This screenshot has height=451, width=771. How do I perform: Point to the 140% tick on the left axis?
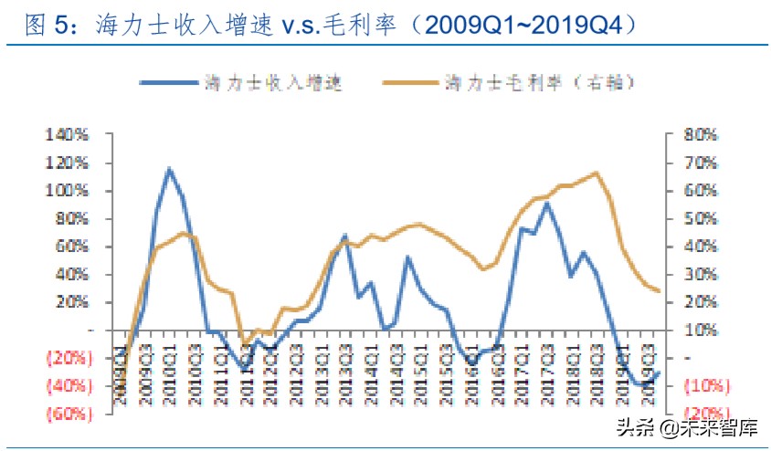tap(68, 135)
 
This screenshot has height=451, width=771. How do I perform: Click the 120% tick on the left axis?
tap(68, 163)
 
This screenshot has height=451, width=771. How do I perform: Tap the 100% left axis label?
tap(68, 191)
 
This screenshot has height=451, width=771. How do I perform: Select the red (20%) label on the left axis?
tap(66, 357)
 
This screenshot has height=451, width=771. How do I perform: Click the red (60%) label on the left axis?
tap(66, 413)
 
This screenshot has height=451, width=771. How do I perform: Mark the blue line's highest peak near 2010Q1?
tap(169, 169)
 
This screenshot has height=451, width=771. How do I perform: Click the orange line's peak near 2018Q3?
tap(596, 173)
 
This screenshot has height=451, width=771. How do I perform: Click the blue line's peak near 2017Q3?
tap(546, 203)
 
